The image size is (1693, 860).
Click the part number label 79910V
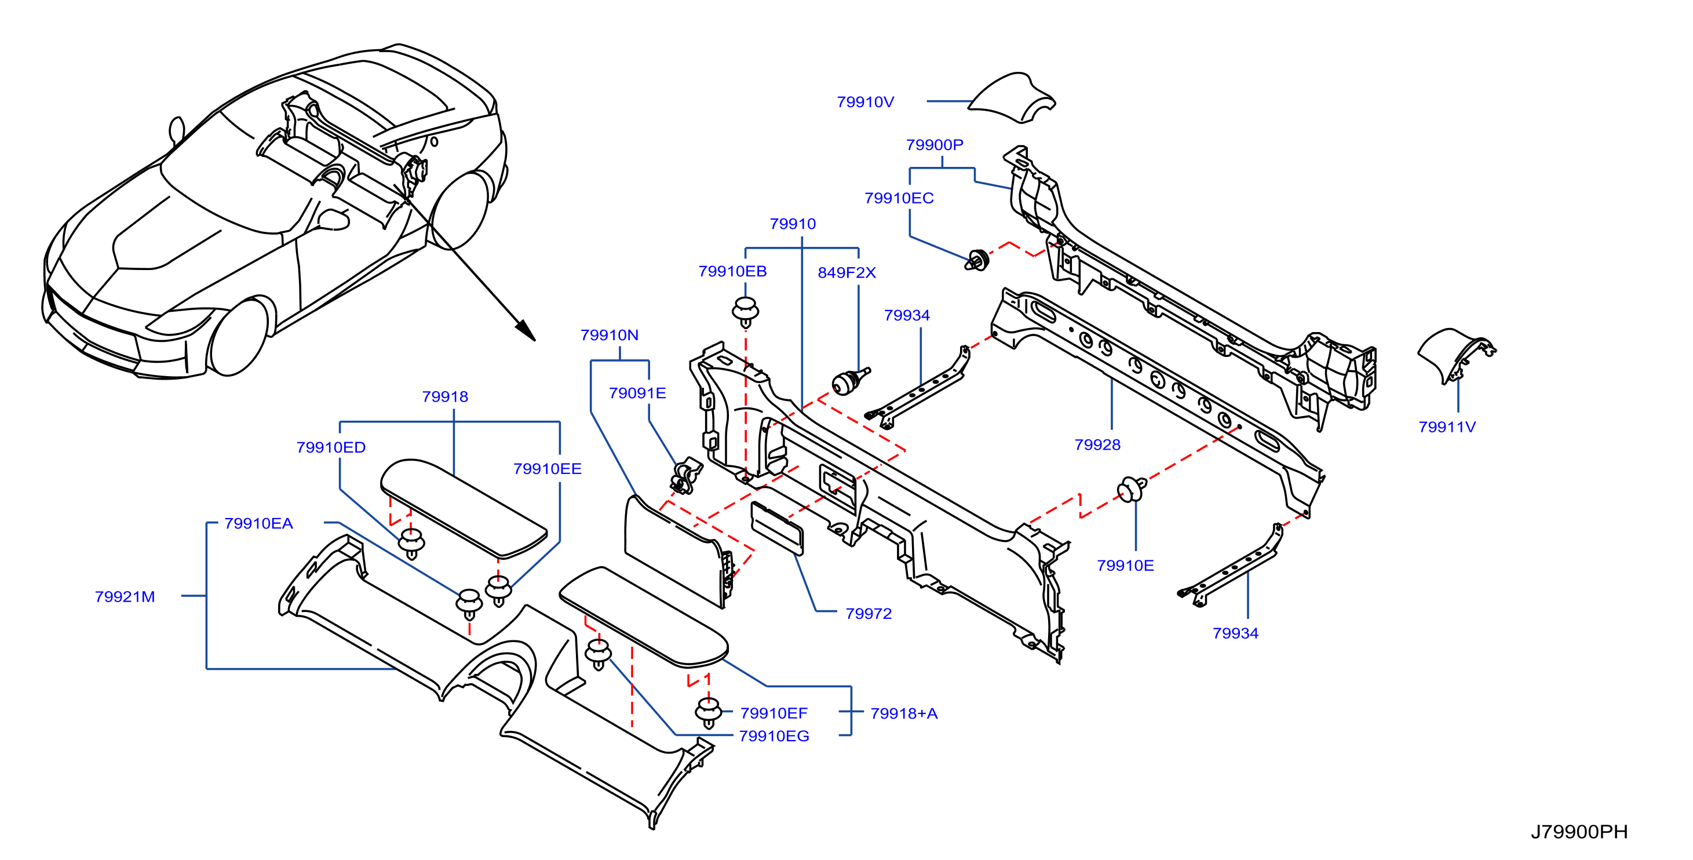(865, 102)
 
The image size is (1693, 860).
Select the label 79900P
(934, 145)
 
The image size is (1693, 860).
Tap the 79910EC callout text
(899, 198)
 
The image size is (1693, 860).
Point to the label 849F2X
(846, 272)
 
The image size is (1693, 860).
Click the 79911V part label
(1447, 427)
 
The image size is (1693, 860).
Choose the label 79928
(1097, 444)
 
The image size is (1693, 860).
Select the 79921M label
(125, 596)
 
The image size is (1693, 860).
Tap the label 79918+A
(904, 713)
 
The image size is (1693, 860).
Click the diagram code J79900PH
(1579, 832)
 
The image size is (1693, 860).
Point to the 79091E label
(637, 393)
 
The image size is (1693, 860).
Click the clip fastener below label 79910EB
(745, 311)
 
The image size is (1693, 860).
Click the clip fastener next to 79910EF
(709, 712)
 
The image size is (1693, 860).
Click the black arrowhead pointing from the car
(525, 330)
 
